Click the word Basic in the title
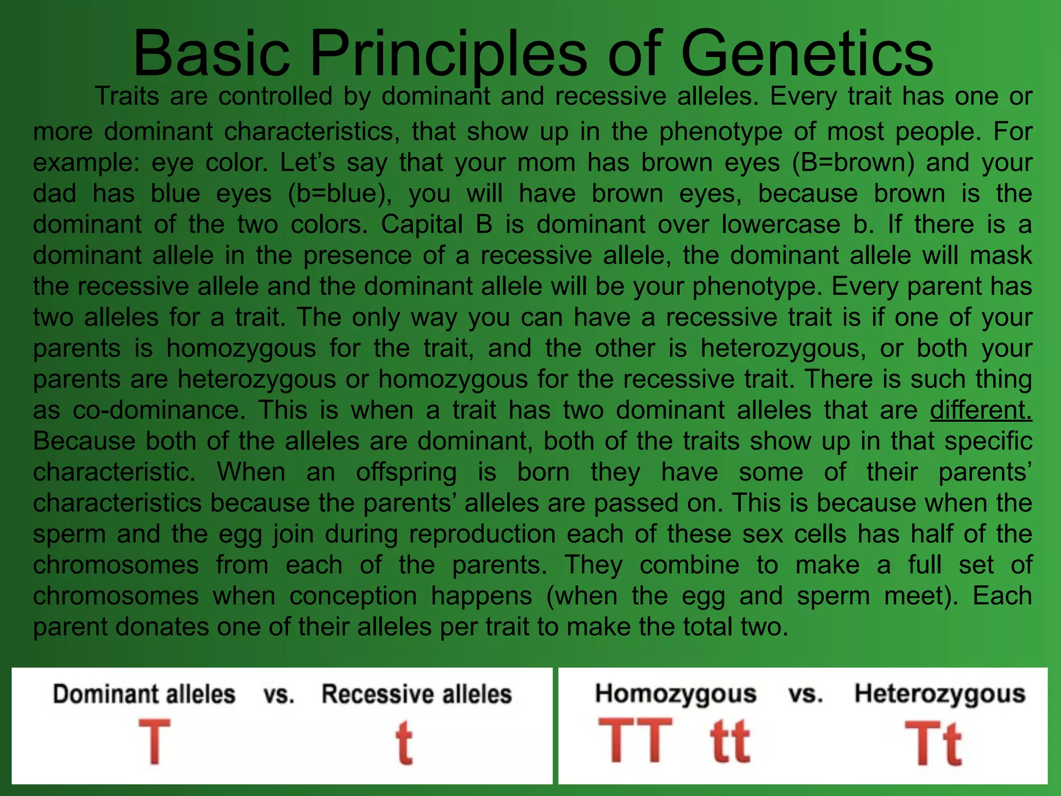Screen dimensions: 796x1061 pos(211,54)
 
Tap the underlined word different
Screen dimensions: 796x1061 pos(981,410)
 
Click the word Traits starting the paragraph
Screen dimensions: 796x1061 pos(126,96)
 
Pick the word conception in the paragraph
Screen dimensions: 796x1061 pos(353,596)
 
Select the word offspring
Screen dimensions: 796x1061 pos(406,472)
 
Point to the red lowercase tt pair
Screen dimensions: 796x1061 pos(730,741)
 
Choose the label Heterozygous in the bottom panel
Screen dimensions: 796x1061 pos(939,693)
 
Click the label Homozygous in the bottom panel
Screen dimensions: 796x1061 pos(676,693)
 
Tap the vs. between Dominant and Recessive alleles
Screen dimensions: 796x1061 pos(279,695)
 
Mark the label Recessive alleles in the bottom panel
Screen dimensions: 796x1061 pos(417,694)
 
